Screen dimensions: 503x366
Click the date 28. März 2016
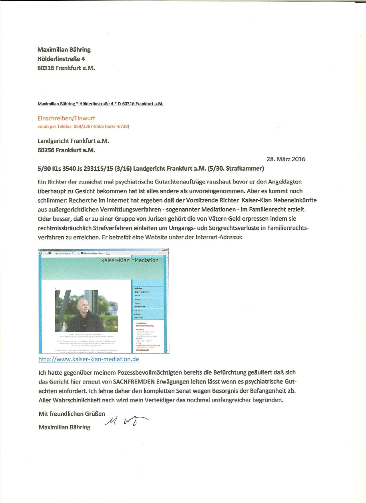tap(286, 159)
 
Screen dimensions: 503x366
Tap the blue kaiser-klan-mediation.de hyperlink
tap(89, 359)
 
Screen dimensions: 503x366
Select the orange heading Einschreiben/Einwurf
tap(66, 118)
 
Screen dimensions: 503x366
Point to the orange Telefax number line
tap(83, 126)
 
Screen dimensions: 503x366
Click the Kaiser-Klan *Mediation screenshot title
tap(130, 260)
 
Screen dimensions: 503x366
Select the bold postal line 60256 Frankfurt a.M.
tap(66, 150)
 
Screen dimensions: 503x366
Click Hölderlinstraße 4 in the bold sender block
tap(61, 59)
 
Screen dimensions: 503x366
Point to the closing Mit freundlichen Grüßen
tap(72, 414)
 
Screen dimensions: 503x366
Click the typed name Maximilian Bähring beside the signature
tap(64, 427)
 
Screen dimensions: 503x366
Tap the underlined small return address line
tap(100, 104)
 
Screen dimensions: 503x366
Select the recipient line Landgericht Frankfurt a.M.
tap(73, 141)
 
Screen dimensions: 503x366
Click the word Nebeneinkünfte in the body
tap(295, 200)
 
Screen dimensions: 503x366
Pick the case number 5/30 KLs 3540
tap(57, 169)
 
